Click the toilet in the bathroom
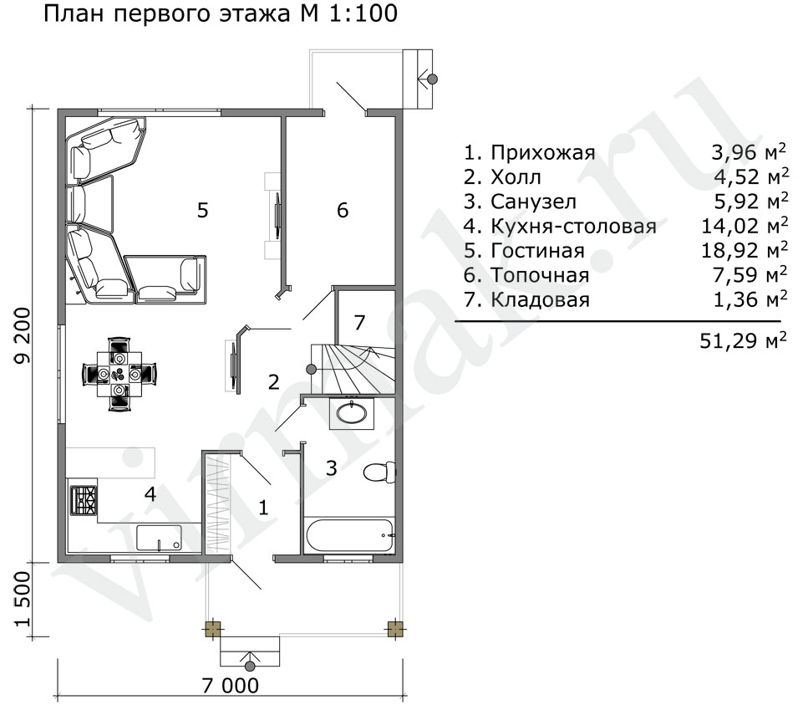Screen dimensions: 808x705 pyautogui.click(x=380, y=472)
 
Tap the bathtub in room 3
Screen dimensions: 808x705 pyautogui.click(x=349, y=536)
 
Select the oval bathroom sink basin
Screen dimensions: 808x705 pyautogui.click(x=352, y=412)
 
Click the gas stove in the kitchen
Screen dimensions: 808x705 pyautogui.click(x=84, y=500)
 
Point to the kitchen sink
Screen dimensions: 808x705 pyautogui.click(x=160, y=538)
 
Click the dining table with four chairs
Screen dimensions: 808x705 pyautogui.click(x=119, y=374)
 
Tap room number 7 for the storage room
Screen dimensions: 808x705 pyautogui.click(x=359, y=322)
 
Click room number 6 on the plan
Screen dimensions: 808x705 pyautogui.click(x=343, y=210)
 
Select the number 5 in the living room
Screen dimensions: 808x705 pyautogui.click(x=202, y=210)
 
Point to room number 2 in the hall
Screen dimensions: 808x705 pyautogui.click(x=273, y=381)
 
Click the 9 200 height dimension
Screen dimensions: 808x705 pyautogui.click(x=23, y=335)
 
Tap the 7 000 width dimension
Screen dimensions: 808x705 pyautogui.click(x=231, y=686)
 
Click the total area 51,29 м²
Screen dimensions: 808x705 pyautogui.click(x=743, y=340)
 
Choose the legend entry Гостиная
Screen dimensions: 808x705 pyautogui.click(x=537, y=251)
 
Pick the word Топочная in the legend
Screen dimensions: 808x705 pyautogui.click(x=540, y=275)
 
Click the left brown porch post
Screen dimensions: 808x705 pyautogui.click(x=213, y=630)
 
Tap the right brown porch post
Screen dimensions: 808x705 pyautogui.click(x=394, y=630)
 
